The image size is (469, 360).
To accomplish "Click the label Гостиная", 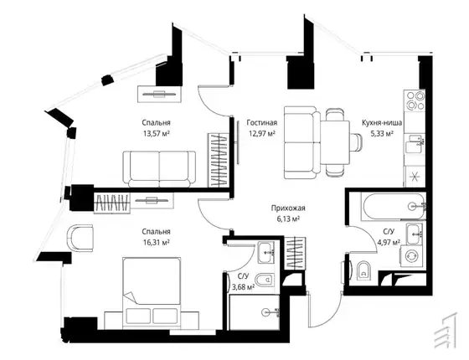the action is (x=261, y=122).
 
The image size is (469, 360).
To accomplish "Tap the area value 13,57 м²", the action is (x=157, y=133).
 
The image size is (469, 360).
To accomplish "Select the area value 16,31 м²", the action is (x=157, y=242).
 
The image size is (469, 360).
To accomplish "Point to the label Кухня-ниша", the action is (x=382, y=122).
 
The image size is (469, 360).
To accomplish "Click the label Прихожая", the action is (x=288, y=208).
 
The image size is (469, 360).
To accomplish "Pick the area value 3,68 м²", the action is (x=244, y=287).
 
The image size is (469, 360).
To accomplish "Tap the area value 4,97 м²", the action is (x=389, y=242).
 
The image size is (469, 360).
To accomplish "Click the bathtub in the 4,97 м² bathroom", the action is (x=393, y=207).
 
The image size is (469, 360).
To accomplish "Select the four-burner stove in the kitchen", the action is (x=415, y=100).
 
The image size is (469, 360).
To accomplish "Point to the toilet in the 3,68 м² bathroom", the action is (x=265, y=280).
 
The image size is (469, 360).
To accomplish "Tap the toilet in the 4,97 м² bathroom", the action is (x=363, y=270).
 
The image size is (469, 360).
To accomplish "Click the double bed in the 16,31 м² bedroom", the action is (x=152, y=291).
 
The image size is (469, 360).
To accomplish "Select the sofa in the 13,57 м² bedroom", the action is (x=159, y=169).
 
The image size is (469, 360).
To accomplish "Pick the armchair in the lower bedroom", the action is (x=80, y=238).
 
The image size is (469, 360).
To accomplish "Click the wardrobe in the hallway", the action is (x=296, y=252).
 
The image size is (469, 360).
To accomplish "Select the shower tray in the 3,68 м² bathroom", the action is (x=255, y=312).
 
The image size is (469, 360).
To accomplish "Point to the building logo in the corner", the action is (x=446, y=330).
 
